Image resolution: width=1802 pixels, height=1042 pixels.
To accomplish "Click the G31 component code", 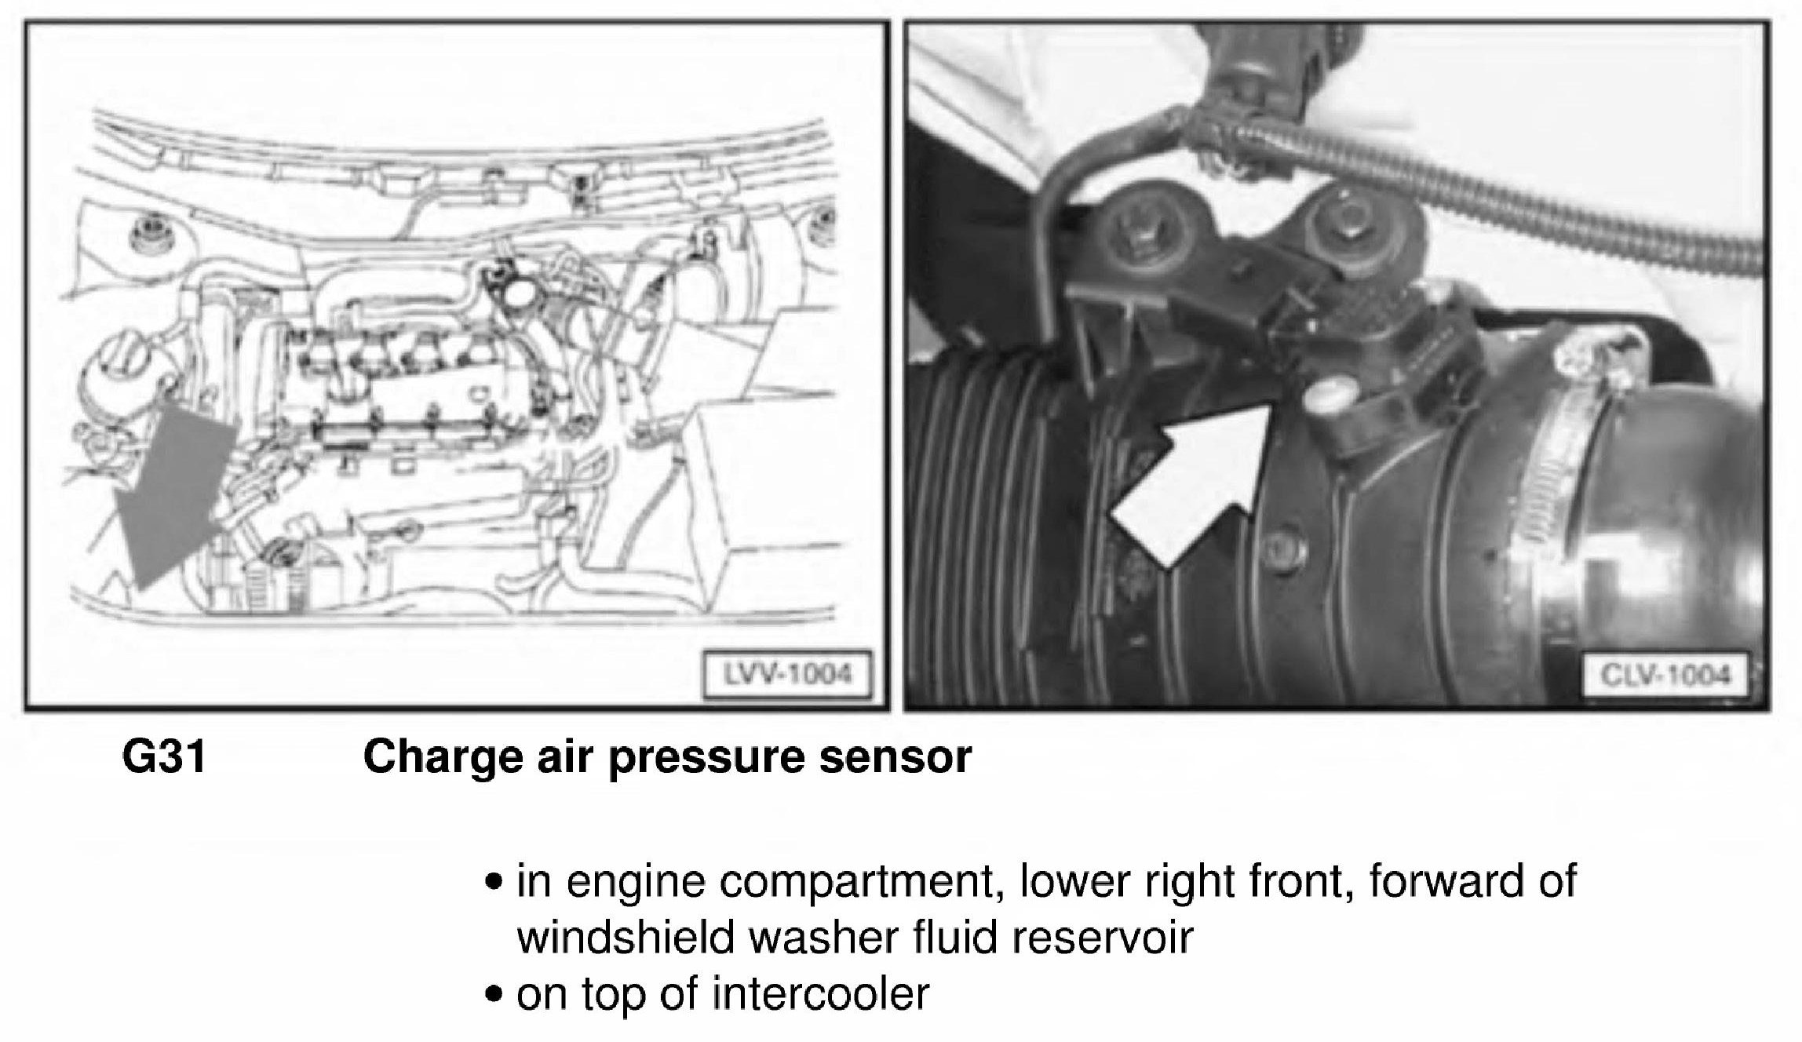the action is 164,758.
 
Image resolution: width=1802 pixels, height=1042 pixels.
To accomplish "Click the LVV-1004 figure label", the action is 787,674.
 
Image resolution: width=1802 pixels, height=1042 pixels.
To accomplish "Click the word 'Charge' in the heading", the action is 443,759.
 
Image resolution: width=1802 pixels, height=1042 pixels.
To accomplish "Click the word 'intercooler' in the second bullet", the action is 820,994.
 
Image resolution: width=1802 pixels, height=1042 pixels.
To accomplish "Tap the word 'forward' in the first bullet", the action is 1437,880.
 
